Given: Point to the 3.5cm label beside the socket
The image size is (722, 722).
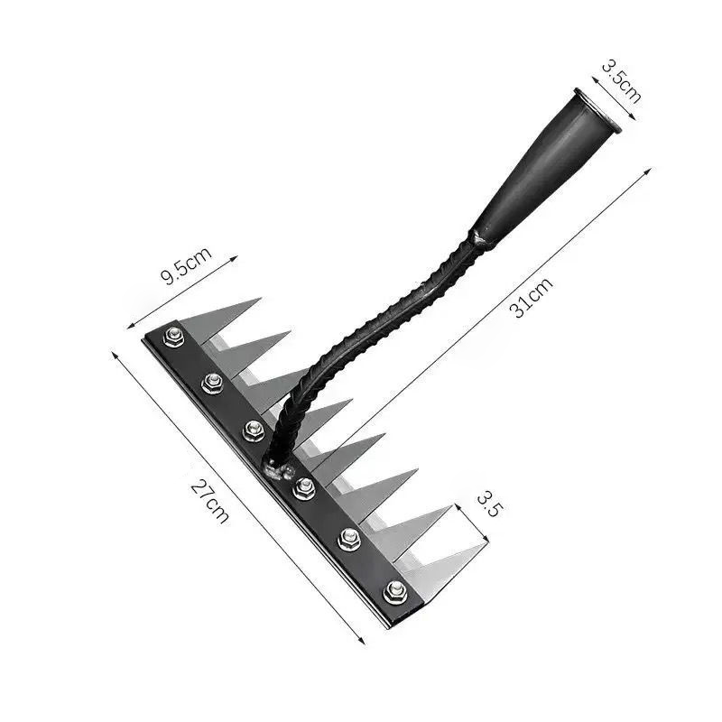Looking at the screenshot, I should tap(622, 81).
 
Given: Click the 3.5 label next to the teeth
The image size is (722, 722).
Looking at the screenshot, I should tap(487, 504).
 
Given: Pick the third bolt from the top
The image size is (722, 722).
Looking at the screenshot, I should tap(254, 430).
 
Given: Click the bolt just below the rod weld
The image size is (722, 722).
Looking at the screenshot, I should tap(303, 488).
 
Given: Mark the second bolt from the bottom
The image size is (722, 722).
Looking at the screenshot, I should tap(349, 540).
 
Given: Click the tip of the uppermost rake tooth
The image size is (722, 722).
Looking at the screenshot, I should tap(260, 299).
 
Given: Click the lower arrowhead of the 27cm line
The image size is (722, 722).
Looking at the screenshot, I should tap(364, 644).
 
